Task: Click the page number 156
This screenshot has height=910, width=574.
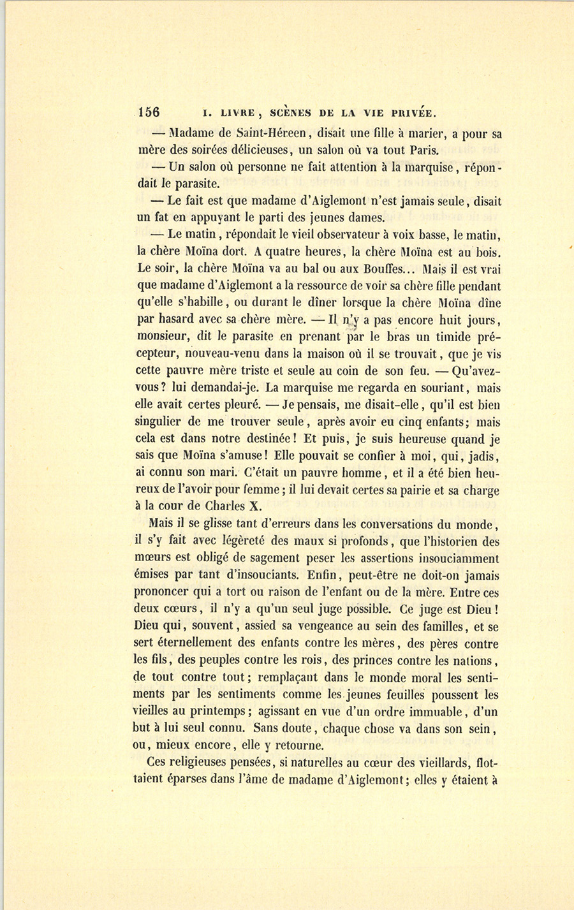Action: [149, 113]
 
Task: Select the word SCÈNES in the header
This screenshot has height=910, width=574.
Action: [291, 114]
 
